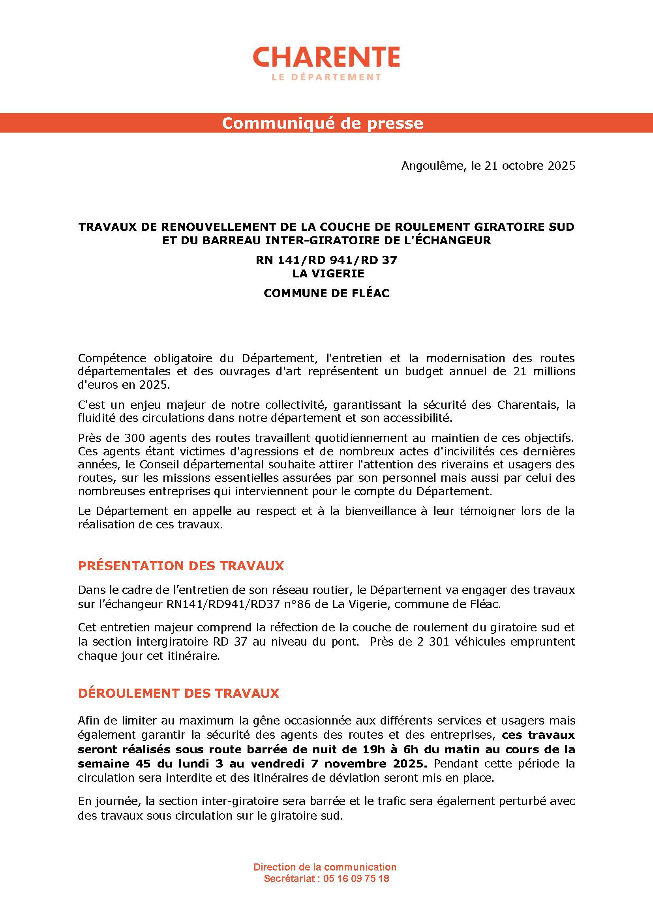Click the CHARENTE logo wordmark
(x=326, y=57)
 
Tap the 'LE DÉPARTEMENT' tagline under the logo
(x=326, y=77)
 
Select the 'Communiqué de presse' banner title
(x=323, y=123)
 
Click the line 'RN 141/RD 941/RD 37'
(x=326, y=260)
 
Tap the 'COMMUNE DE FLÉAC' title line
(x=326, y=293)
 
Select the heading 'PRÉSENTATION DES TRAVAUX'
(x=181, y=565)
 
